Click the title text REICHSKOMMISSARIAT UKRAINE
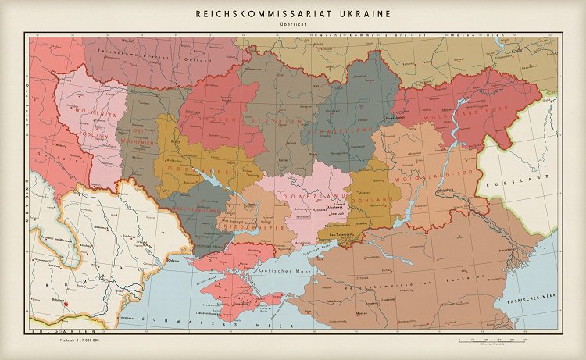click(x=293, y=13)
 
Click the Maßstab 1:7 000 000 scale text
click(x=80, y=341)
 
